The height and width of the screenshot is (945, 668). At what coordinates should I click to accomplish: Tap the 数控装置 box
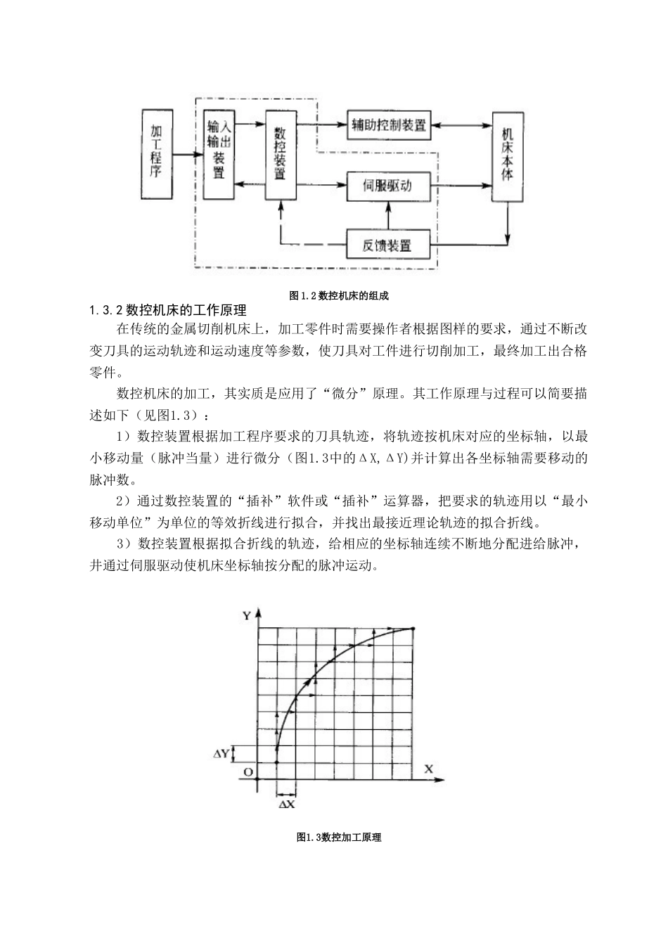(281, 153)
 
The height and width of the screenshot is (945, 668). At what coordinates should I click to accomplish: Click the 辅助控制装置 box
(389, 126)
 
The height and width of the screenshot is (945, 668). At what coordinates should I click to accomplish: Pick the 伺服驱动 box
(388, 186)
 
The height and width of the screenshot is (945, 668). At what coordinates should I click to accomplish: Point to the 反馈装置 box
(388, 245)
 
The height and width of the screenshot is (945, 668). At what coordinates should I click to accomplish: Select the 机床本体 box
(508, 156)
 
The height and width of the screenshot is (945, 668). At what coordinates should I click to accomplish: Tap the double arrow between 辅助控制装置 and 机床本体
(461, 126)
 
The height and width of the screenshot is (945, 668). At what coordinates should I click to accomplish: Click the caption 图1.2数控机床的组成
(339, 296)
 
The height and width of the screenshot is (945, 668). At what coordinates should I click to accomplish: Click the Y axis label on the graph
(246, 615)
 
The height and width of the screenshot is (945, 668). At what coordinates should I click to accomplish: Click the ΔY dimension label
(222, 754)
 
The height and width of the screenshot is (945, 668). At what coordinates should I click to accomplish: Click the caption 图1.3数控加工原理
(339, 837)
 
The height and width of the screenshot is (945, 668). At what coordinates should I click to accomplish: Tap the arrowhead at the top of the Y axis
(259, 612)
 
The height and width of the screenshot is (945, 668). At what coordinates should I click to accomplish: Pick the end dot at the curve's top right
(413, 628)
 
